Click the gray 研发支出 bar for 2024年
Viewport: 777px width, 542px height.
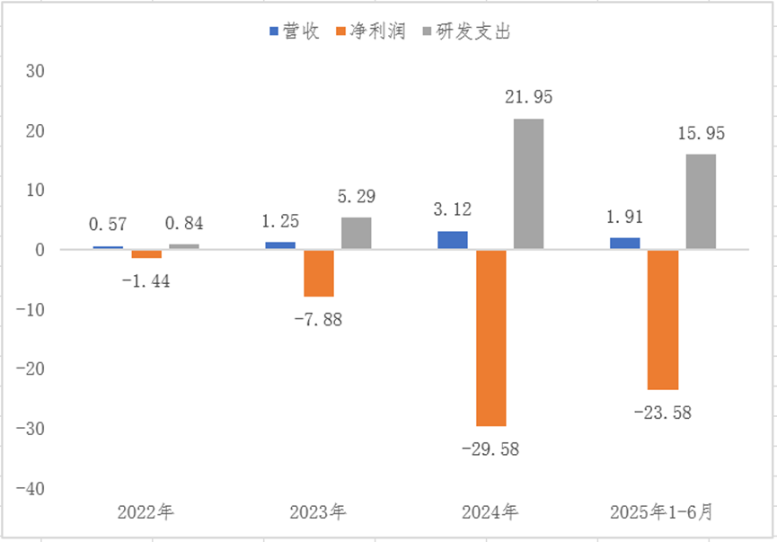[528, 183]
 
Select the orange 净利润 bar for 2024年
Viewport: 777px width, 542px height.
[490, 338]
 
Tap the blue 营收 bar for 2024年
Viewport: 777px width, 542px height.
[453, 240]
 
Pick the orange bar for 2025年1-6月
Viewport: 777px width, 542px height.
[663, 320]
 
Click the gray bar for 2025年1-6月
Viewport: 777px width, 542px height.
[701, 201]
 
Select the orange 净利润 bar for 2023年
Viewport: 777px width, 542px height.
[318, 273]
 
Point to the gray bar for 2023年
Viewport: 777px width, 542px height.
[356, 233]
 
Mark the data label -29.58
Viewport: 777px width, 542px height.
[490, 448]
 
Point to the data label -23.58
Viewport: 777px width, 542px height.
[663, 413]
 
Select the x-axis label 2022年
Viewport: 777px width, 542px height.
[146, 513]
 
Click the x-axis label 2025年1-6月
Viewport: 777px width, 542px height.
[663, 513]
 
